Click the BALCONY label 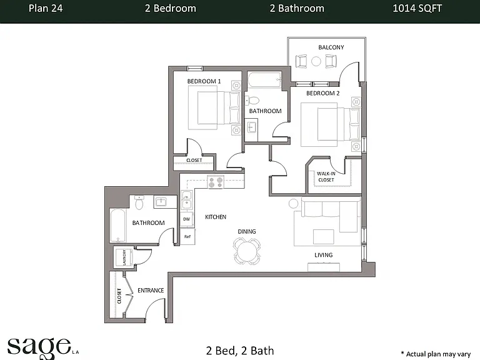[x=331, y=47]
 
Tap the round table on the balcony [x=316, y=61]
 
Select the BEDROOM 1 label [x=204, y=81]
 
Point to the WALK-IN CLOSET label [x=326, y=177]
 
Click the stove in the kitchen [x=216, y=182]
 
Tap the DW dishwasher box [x=186, y=219]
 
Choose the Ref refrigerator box [x=187, y=236]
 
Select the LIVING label [x=324, y=255]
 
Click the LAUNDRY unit [x=124, y=256]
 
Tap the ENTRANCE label [x=151, y=290]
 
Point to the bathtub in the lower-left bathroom [x=117, y=226]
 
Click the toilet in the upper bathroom [x=252, y=100]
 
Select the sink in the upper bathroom [x=252, y=127]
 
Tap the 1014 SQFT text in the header [x=417, y=8]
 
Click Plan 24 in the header [x=46, y=8]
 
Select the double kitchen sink [x=186, y=199]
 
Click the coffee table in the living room [x=323, y=237]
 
